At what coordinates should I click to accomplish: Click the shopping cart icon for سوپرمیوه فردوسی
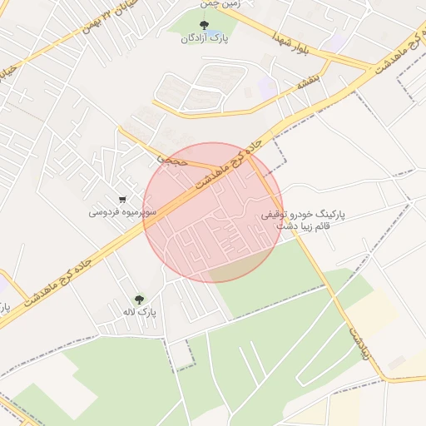123,200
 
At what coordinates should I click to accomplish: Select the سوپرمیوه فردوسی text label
123,213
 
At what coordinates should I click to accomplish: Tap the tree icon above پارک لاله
138,300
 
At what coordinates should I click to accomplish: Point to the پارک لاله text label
143,314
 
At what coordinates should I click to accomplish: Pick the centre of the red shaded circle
213,213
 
